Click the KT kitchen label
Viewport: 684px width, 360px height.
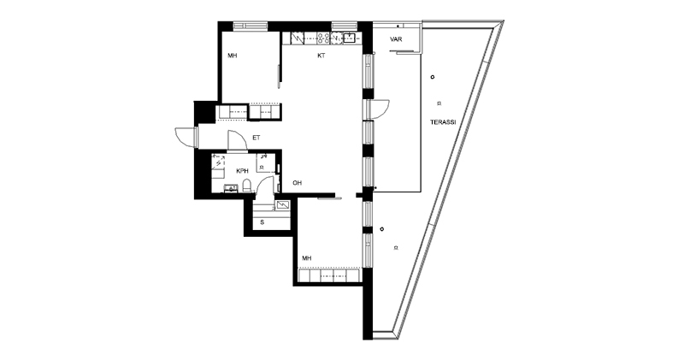321,56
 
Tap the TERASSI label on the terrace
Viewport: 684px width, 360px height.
443,122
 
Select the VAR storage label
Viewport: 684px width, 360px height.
396,39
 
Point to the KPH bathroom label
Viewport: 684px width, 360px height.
243,171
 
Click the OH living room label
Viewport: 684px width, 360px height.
297,183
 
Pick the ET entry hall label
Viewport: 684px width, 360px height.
256,138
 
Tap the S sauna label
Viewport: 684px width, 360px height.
262,222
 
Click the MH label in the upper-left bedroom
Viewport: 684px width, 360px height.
232,56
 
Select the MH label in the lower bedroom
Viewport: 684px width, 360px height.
307,258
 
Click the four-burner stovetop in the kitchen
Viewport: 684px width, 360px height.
323,38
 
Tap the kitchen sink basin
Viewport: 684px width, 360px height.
350,38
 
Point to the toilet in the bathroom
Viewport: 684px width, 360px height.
246,186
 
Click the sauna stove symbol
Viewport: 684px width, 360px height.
282,204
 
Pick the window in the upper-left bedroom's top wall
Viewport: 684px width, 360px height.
250,26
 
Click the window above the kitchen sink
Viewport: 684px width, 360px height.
345,25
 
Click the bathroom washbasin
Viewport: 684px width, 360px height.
230,188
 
